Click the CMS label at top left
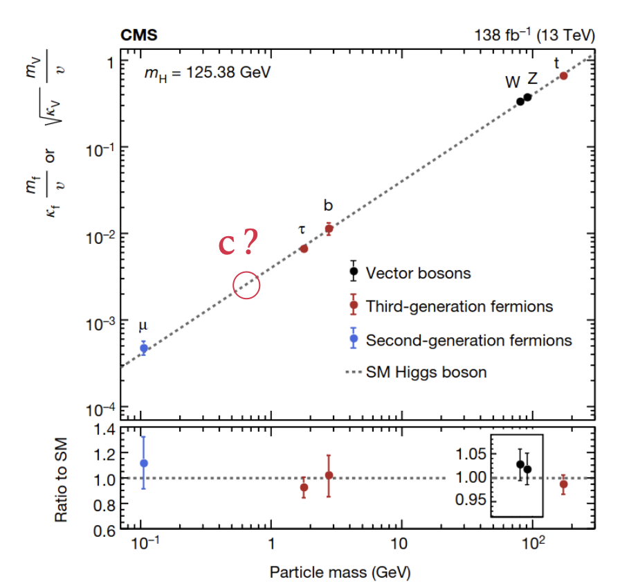(x=140, y=35)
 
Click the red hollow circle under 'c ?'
(x=246, y=285)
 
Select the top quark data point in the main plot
(x=563, y=76)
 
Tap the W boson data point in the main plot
(x=520, y=101)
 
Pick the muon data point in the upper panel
(x=144, y=348)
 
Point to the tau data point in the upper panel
(x=304, y=248)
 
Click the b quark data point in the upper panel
(x=329, y=229)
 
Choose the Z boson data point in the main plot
(x=528, y=97)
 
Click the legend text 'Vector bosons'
(x=418, y=273)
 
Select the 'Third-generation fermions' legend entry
(x=459, y=305)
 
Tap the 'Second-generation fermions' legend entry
(x=468, y=340)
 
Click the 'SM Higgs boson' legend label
(x=426, y=372)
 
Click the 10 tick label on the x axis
(x=399, y=547)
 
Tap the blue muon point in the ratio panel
(x=144, y=463)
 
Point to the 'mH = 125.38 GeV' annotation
(x=208, y=72)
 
